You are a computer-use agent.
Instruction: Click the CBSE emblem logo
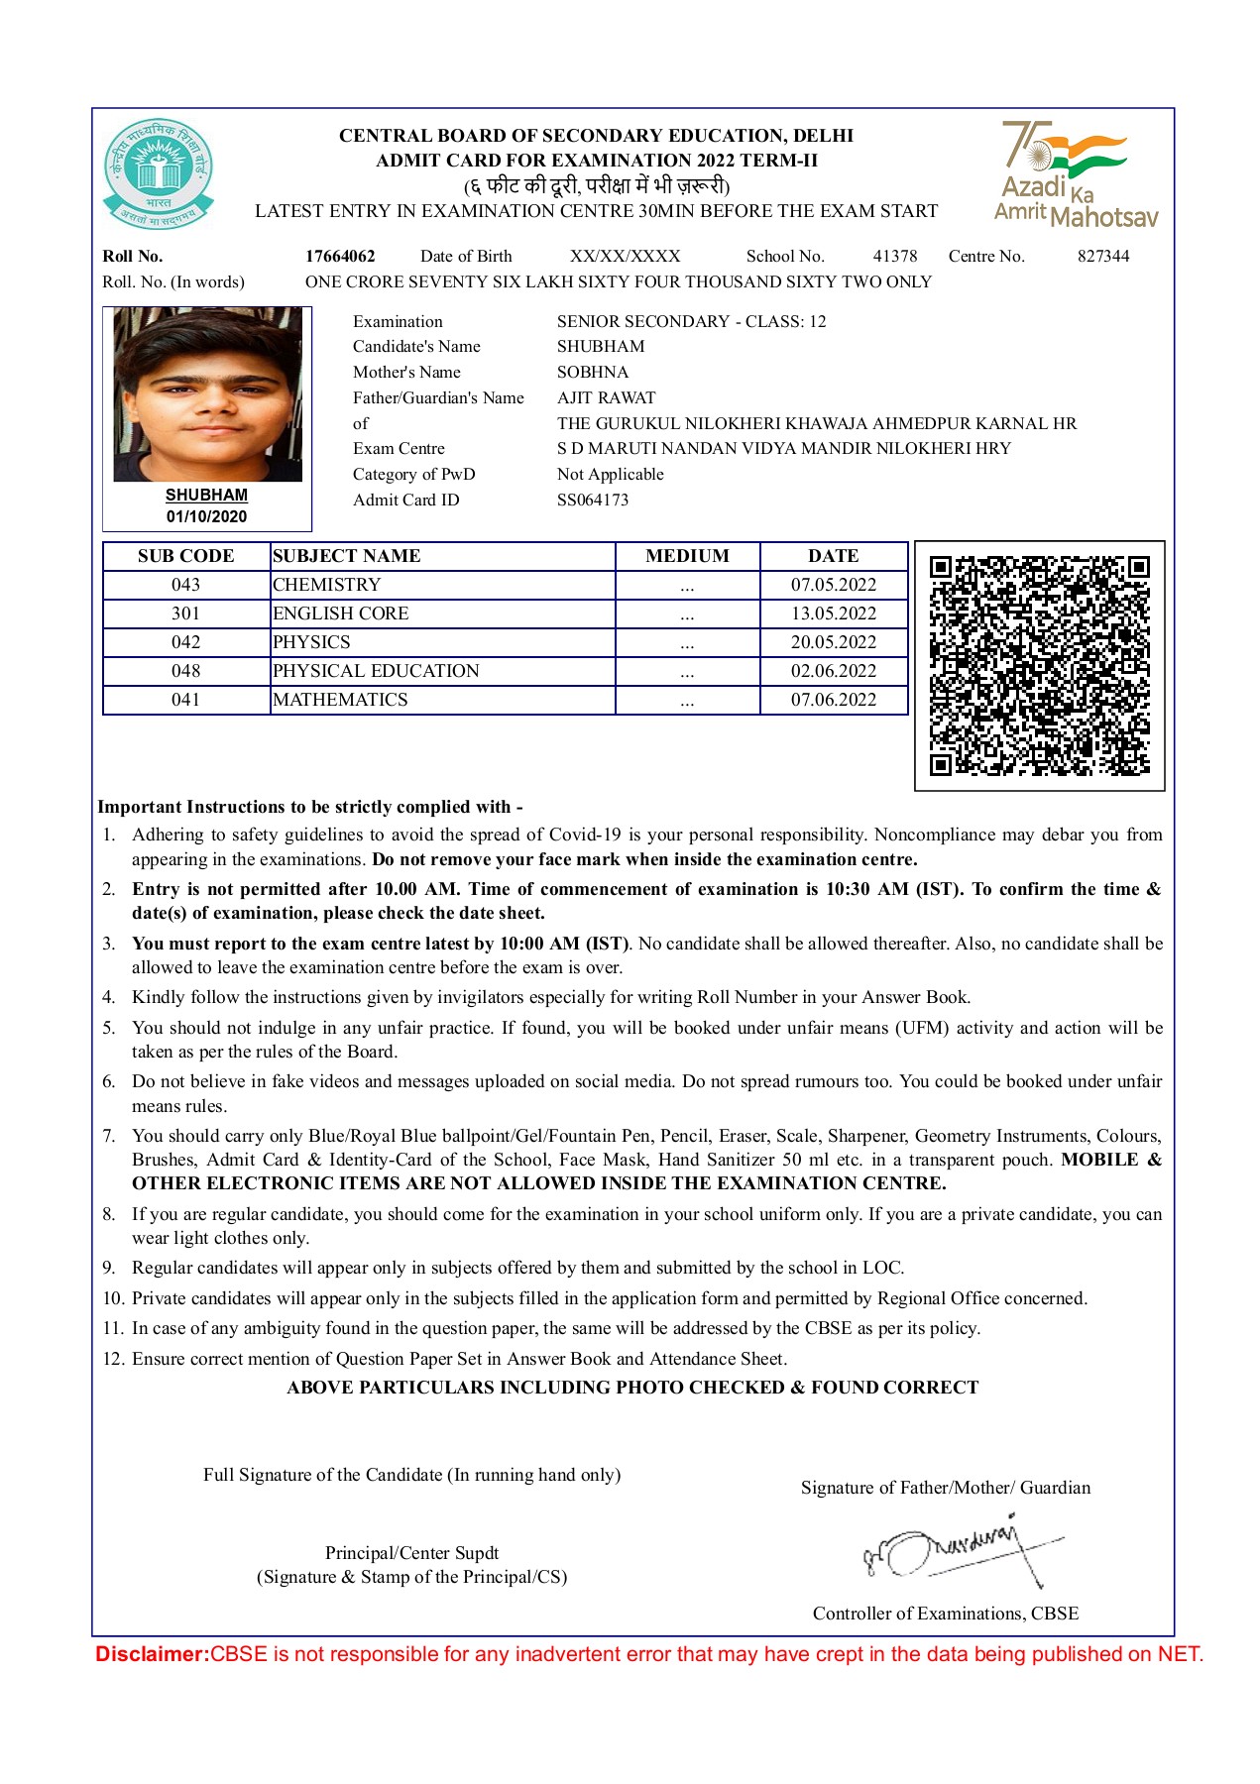click(x=158, y=174)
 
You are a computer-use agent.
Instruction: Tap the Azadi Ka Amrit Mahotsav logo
click(x=1076, y=174)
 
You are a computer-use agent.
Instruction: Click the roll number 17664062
click(x=340, y=256)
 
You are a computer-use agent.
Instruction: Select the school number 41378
click(x=895, y=256)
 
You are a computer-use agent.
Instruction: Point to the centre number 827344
click(x=1103, y=256)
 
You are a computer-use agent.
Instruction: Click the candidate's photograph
click(x=207, y=394)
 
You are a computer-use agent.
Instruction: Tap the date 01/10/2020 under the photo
click(x=206, y=516)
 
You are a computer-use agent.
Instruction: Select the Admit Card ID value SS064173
click(x=593, y=500)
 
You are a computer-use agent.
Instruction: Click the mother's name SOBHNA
click(x=593, y=372)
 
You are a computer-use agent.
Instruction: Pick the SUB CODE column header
click(x=186, y=556)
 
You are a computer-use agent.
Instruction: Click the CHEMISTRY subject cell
click(x=327, y=585)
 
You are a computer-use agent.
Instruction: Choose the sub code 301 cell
click(x=186, y=613)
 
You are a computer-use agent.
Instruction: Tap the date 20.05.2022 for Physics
click(x=834, y=642)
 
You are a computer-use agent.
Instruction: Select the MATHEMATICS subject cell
click(x=340, y=700)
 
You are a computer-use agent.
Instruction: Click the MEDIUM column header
click(x=687, y=556)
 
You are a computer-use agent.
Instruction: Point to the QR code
click(x=1039, y=665)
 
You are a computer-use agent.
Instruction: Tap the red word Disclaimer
click(x=152, y=1653)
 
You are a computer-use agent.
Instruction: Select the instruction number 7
click(x=109, y=1136)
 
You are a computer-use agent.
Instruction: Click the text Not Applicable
click(x=611, y=474)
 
